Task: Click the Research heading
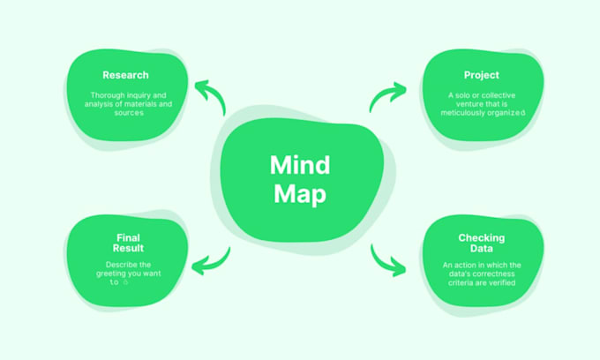point(125,75)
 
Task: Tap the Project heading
point(481,75)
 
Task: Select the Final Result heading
point(127,243)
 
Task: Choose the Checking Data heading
point(481,244)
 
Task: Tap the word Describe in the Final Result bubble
point(119,265)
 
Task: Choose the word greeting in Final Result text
point(112,274)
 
